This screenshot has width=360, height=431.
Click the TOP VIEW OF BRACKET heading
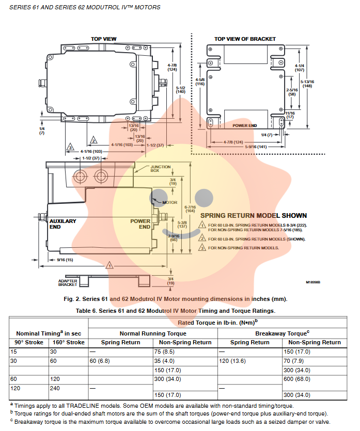pos(245,39)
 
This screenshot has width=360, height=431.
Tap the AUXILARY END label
pos(62,224)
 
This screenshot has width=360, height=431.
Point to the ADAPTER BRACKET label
pos(68,282)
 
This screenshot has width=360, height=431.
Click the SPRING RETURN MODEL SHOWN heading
pos(253,215)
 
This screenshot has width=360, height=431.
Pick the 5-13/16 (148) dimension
pos(308,84)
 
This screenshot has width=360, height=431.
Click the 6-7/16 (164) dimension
pos(190,207)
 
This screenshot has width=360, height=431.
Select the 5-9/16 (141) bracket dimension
pos(254,147)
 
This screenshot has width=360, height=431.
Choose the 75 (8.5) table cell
pos(165,352)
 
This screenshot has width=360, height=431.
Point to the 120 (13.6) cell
pos(232,361)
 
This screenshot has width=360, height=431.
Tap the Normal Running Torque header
pos(153,333)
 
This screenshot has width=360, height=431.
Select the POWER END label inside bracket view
pos(244,125)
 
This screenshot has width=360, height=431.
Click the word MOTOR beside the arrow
pos(170,202)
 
